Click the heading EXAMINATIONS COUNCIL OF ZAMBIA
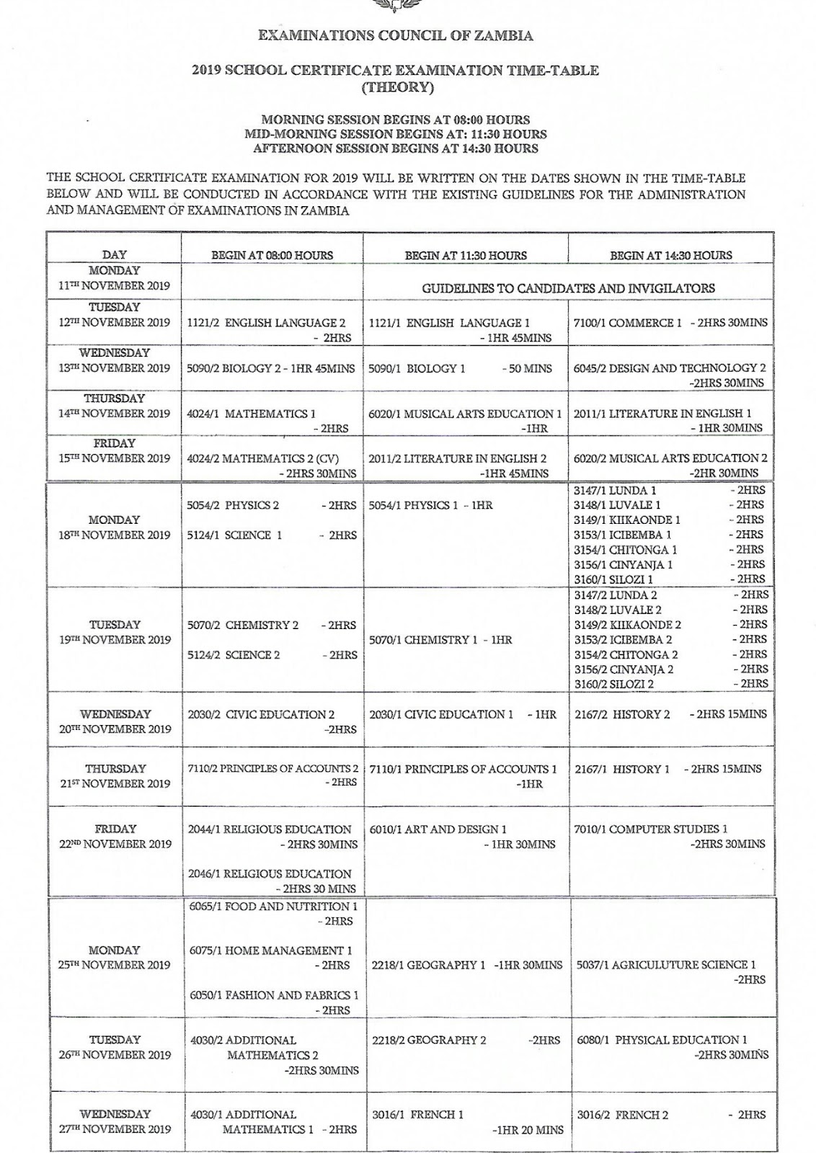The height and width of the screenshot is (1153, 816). point(395,35)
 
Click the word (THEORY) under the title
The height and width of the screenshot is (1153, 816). point(395,87)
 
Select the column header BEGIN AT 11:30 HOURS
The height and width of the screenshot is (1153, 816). point(466,255)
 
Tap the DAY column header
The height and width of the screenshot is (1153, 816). point(114,254)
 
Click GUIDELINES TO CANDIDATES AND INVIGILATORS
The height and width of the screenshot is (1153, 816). point(568,288)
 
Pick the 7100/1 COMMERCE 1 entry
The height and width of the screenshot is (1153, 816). point(627,323)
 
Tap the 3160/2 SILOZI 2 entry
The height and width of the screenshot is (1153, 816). point(613,684)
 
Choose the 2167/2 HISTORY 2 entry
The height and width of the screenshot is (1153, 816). point(622,714)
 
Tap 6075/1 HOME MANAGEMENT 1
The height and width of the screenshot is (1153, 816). point(271,951)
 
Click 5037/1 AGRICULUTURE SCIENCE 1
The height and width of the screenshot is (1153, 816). point(666,965)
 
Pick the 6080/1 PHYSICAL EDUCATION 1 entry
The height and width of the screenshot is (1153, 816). point(662,1040)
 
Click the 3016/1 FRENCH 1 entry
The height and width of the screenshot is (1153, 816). point(418,1114)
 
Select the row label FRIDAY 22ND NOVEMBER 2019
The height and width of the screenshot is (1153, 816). point(114,837)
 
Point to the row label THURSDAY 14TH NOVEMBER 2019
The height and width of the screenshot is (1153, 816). point(114,406)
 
